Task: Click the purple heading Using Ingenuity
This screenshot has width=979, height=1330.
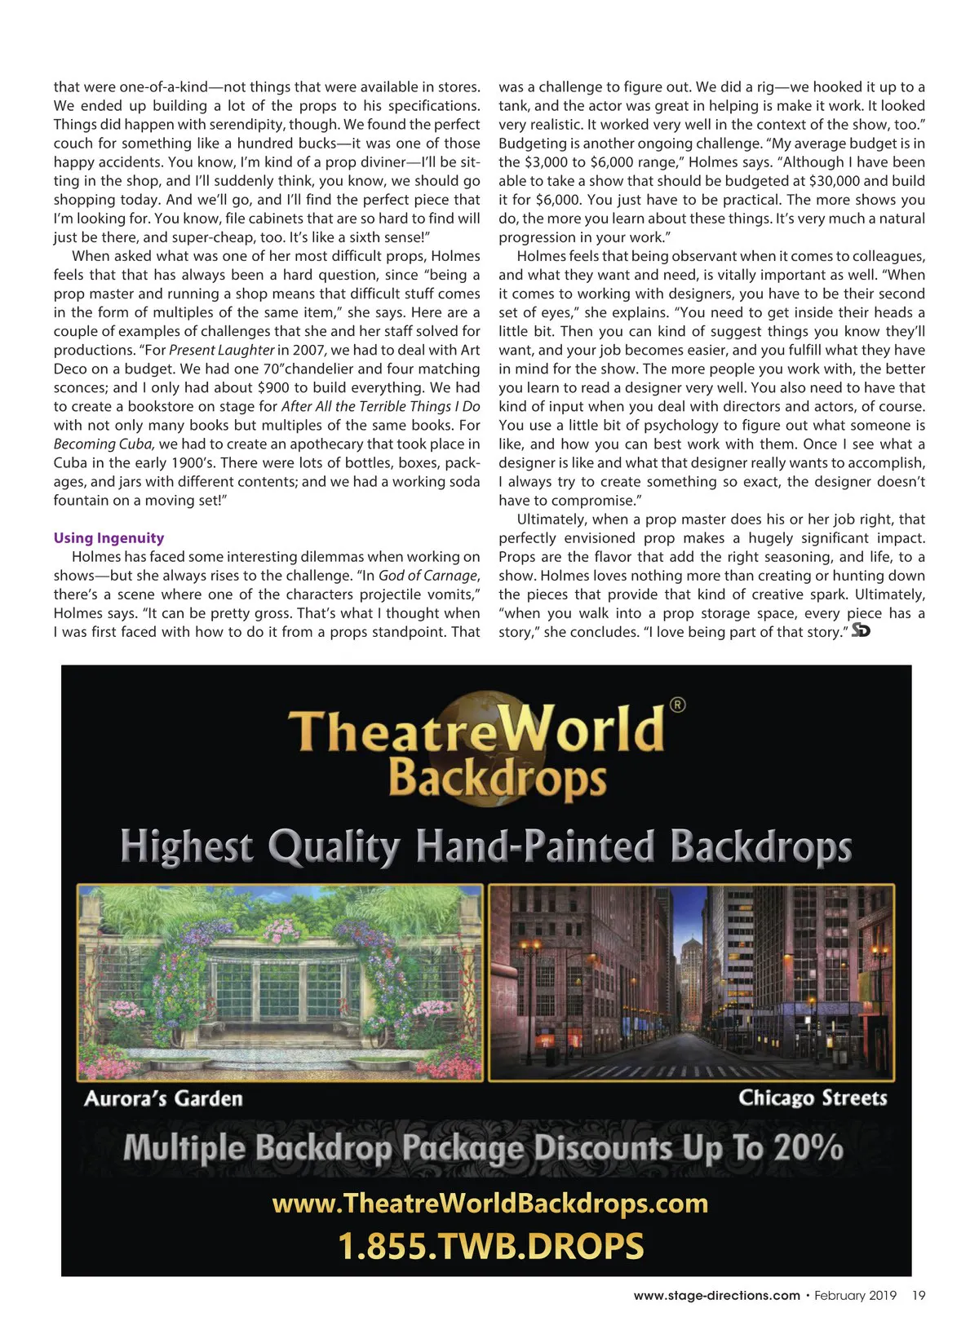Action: point(109,538)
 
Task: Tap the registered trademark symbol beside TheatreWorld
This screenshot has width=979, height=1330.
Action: point(677,705)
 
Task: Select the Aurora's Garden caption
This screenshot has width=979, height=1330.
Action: point(163,1098)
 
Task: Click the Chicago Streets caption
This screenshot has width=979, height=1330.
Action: point(813,1098)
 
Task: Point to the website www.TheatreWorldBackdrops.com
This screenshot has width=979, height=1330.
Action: point(489,1204)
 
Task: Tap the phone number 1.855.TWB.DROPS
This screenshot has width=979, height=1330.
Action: point(490,1247)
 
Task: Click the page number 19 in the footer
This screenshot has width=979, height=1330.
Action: point(919,1296)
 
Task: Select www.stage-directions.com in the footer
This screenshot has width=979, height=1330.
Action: point(716,1296)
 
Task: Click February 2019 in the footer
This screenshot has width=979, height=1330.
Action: point(855,1296)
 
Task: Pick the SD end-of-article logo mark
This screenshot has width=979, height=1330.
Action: point(861,631)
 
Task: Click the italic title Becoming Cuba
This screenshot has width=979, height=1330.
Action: point(104,444)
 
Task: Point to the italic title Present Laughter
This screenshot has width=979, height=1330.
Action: point(221,351)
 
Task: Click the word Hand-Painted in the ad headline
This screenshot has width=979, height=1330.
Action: point(535,846)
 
